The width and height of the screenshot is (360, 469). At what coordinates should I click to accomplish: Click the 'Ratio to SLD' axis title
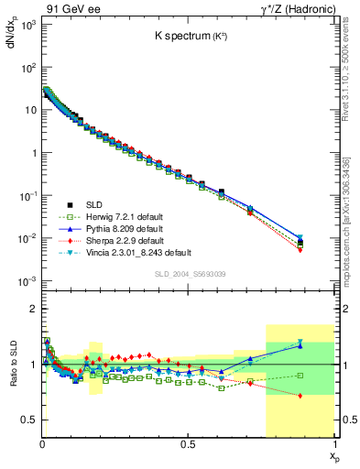coord(13,377)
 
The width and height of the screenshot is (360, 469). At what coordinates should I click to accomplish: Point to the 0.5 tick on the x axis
coord(188,442)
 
